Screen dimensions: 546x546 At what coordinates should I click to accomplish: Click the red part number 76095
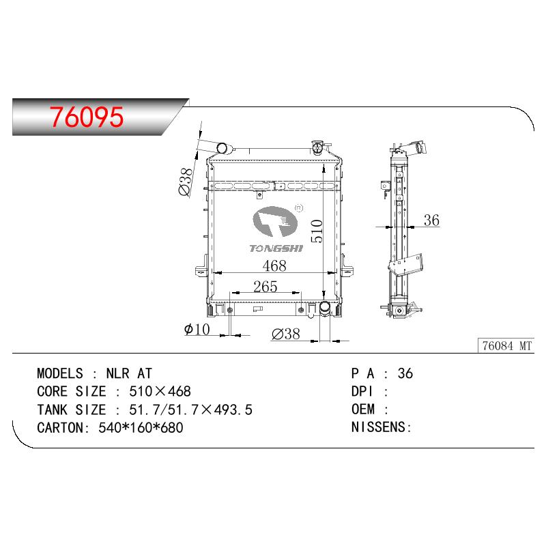[x=87, y=117]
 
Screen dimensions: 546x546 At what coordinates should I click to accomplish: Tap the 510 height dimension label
[x=317, y=231]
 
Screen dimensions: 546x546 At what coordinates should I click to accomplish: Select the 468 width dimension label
[x=274, y=265]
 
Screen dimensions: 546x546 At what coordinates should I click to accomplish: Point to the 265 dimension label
[x=265, y=287]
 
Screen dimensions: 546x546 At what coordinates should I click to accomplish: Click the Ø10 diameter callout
[x=197, y=329]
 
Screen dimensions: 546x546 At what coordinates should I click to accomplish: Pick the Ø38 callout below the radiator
[x=285, y=334]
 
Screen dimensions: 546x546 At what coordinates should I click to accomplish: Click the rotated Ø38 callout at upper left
[x=185, y=182]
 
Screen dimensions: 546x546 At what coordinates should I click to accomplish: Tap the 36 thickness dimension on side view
[x=431, y=220]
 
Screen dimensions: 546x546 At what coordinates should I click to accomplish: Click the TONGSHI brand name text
[x=276, y=248]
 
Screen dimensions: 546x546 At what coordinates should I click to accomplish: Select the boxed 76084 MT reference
[x=506, y=346]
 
